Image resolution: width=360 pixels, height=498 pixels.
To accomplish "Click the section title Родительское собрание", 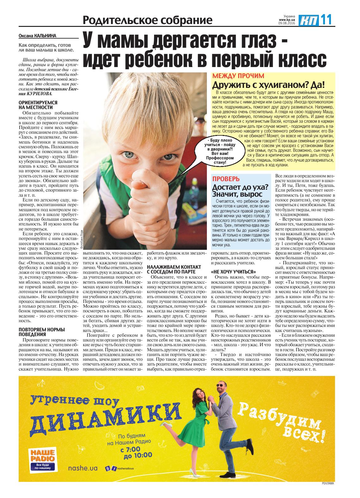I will pos(147,21).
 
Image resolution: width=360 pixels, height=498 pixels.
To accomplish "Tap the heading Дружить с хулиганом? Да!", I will pos(269,85).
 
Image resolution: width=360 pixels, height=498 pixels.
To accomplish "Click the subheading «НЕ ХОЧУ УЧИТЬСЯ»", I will pos(233,272).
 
